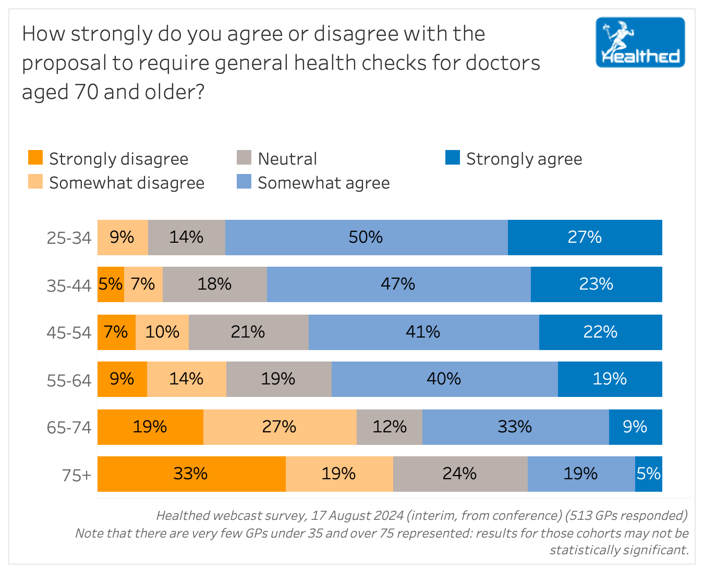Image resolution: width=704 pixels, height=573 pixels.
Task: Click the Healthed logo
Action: click(640, 42)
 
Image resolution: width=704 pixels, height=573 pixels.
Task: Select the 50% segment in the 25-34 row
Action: click(366, 238)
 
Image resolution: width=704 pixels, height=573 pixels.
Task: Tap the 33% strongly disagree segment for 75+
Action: click(191, 474)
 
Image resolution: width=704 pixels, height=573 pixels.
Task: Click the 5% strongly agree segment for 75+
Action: click(649, 474)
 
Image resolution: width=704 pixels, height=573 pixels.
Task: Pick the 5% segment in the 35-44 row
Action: click(111, 284)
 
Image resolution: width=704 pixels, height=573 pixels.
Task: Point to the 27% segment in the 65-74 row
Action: click(280, 427)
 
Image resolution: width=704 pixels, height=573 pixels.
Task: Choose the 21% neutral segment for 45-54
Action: click(248, 332)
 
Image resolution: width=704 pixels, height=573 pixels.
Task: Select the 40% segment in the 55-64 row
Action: click(444, 379)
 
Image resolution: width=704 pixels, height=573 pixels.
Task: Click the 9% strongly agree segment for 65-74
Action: click(635, 427)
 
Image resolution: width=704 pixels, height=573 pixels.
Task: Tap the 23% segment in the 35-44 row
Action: click(596, 284)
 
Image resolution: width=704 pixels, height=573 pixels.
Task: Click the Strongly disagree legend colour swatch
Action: click(35, 158)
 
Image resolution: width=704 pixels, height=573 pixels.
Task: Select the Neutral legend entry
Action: click(287, 159)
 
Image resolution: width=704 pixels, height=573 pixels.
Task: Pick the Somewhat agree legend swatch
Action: click(244, 182)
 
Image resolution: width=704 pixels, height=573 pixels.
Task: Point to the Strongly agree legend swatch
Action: click(453, 158)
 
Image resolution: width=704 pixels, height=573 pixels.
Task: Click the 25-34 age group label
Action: click(69, 238)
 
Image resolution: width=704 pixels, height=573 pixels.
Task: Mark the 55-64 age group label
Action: click(69, 381)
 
